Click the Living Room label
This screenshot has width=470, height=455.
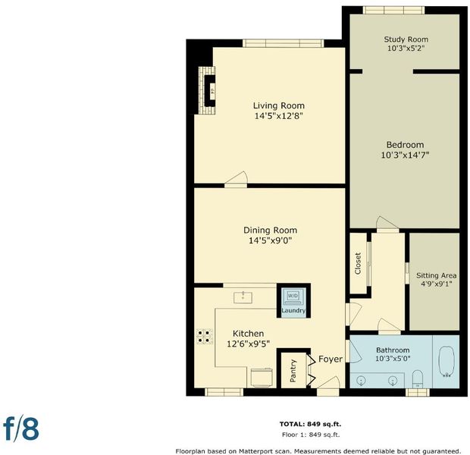click(279, 105)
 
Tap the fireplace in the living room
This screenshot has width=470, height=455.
click(208, 90)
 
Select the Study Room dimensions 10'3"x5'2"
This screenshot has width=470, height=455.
click(406, 49)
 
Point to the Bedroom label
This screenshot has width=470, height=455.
click(405, 145)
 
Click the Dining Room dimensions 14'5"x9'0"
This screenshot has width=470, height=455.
click(271, 240)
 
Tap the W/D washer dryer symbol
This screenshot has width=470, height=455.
click(293, 297)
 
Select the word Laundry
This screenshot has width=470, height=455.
click(293, 310)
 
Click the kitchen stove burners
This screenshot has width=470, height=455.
click(205, 337)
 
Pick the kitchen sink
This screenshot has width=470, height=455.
click(243, 297)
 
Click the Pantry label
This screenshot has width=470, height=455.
click(293, 371)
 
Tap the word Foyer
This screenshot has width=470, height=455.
click(331, 359)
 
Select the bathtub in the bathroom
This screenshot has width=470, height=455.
click(446, 362)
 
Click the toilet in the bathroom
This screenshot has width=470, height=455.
click(417, 379)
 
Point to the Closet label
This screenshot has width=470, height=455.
click(358, 263)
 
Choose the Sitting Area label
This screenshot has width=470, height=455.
click(436, 275)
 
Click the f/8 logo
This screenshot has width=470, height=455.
click(21, 428)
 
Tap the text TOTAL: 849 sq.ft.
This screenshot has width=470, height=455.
click(310, 424)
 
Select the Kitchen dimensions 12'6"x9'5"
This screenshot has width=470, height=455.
click(248, 344)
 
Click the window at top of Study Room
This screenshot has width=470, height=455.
click(394, 10)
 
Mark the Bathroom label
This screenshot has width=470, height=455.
click(393, 350)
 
